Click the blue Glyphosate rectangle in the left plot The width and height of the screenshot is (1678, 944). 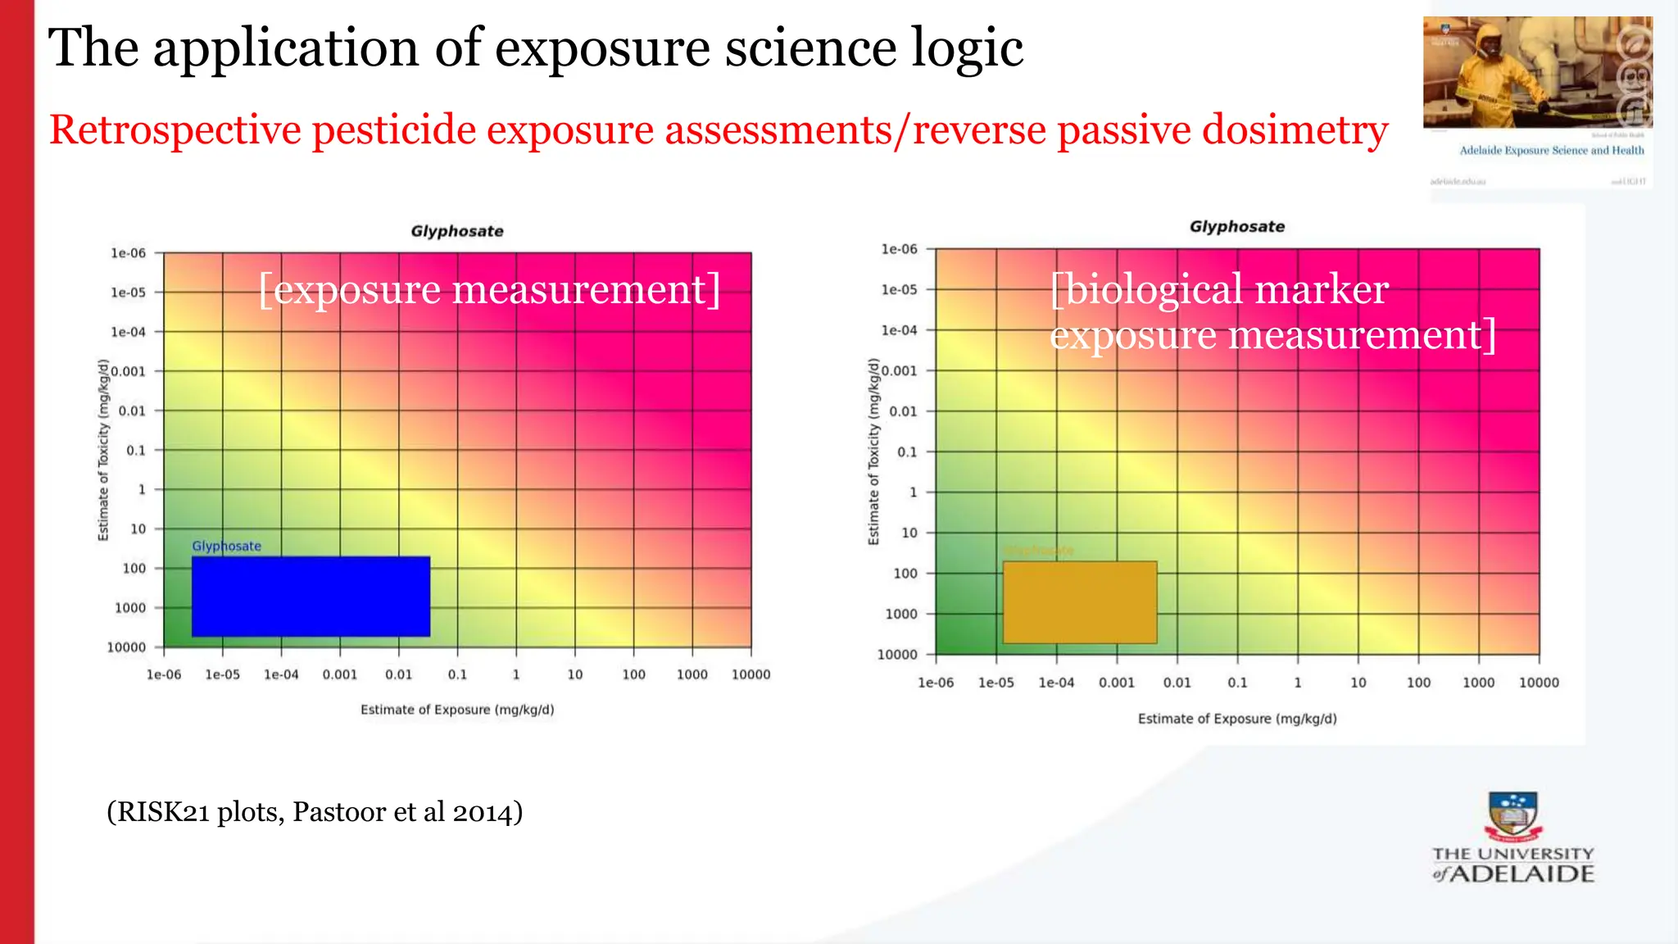click(311, 597)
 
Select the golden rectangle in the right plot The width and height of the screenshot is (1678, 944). click(1080, 602)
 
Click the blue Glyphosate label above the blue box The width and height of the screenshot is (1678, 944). click(226, 546)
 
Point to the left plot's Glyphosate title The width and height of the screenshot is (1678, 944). click(457, 231)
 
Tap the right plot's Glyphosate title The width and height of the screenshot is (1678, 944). click(1237, 227)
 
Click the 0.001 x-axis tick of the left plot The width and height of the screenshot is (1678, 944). click(339, 674)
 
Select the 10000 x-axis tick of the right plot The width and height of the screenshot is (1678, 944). click(1539, 683)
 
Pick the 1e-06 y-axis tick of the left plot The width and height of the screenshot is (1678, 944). click(129, 253)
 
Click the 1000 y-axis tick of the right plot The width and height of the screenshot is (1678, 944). click(901, 614)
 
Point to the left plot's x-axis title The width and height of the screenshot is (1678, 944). click(457, 710)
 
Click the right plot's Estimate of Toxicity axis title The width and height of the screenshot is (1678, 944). click(873, 452)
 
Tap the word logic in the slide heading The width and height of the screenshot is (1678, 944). click(967, 48)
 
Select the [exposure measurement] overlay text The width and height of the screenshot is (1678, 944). click(489, 289)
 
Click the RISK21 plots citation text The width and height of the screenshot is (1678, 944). click(315, 812)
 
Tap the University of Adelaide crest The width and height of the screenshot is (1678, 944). click(1512, 816)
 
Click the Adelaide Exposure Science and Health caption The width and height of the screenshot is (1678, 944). click(1551, 151)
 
